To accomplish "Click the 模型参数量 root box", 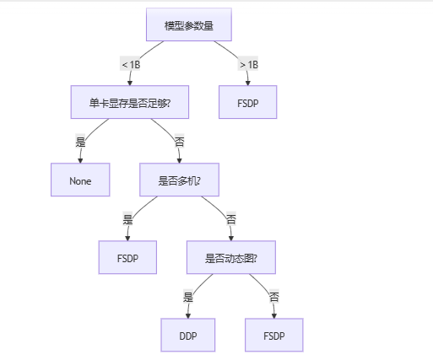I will tap(188, 25).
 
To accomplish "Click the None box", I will tap(80, 180).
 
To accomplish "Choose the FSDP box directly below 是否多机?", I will tap(128, 257).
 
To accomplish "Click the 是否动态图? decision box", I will tap(231, 257).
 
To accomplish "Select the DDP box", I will tap(188, 335).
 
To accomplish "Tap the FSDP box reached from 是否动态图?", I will tap(273, 335).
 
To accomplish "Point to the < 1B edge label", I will tap(131, 64).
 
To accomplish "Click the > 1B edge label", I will tap(248, 64).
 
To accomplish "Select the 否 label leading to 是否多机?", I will tap(179, 141).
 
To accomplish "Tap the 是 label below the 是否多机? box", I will tap(128, 218).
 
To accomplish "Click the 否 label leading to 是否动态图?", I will tap(231, 218).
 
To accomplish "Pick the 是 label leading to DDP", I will tap(188, 296).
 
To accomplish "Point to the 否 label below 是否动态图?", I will tap(273, 296).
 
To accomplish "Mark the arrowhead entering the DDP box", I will tap(188, 314).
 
